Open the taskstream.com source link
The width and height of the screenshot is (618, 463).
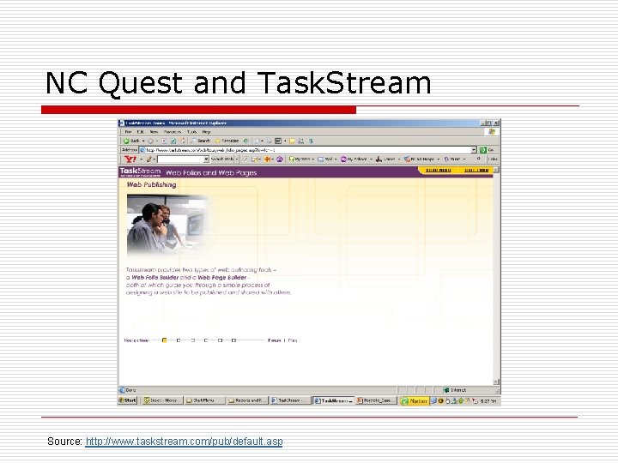pyautogui.click(x=184, y=442)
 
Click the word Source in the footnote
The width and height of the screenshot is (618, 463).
pyautogui.click(x=64, y=442)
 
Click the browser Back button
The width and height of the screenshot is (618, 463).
pyautogui.click(x=130, y=141)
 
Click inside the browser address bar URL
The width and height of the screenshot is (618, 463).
pyautogui.click(x=215, y=149)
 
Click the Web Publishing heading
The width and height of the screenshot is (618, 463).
pyautogui.click(x=152, y=184)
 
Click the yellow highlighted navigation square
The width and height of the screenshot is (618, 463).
pyautogui.click(x=164, y=340)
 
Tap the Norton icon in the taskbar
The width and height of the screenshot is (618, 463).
pyautogui.click(x=418, y=400)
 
